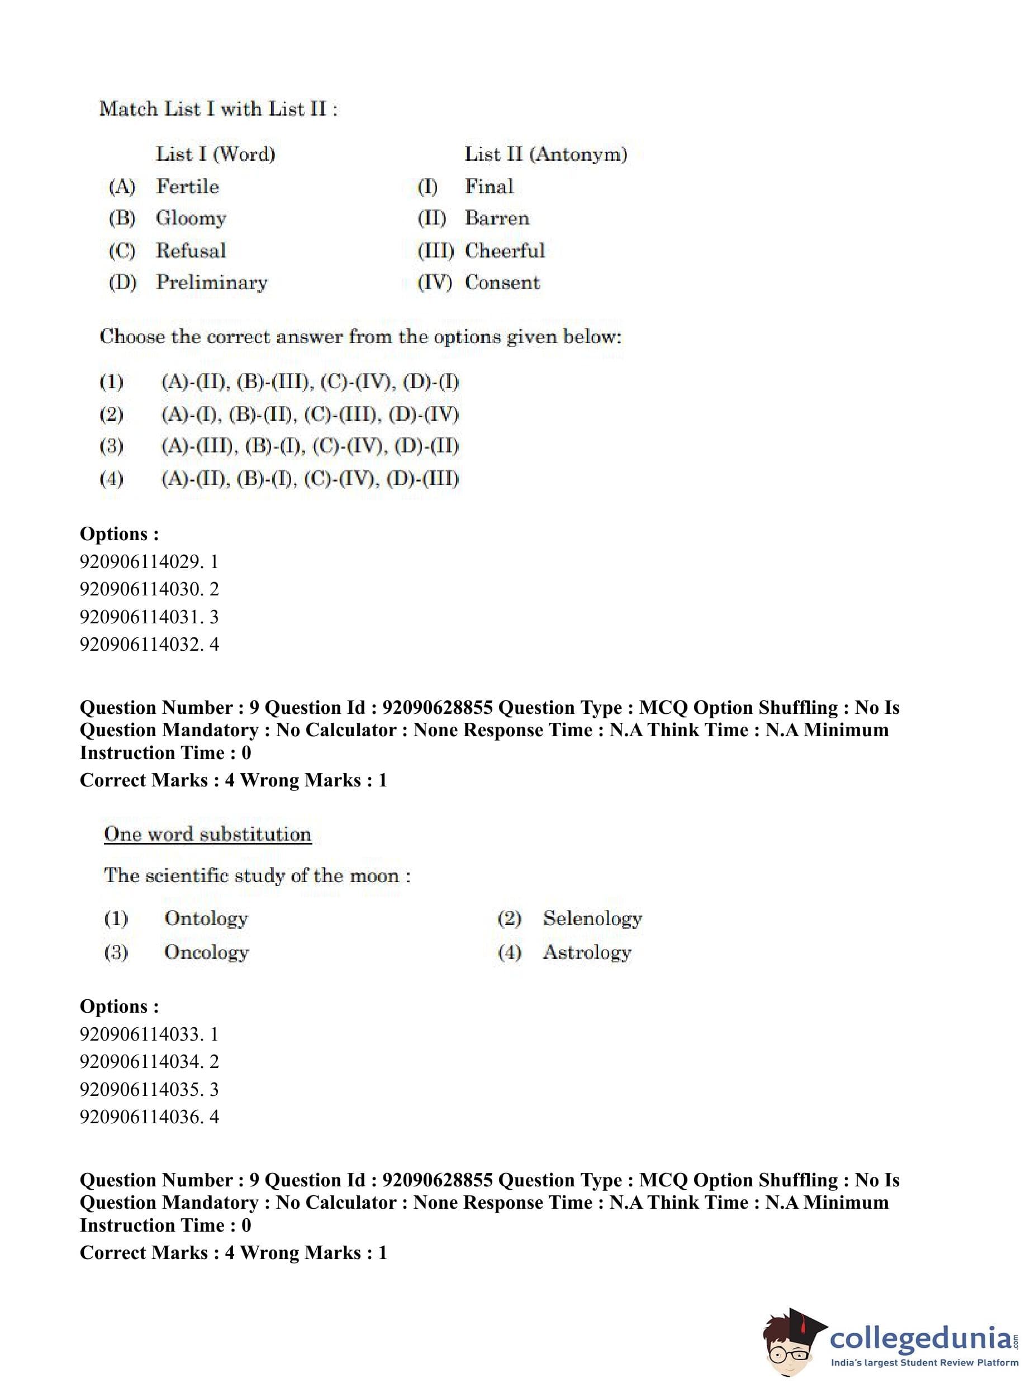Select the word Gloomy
point(191,218)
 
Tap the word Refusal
point(191,250)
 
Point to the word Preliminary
point(211,282)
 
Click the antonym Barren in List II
point(497,218)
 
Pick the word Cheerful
point(504,250)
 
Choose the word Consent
point(502,282)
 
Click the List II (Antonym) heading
point(545,154)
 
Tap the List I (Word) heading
point(215,154)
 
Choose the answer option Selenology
point(592,918)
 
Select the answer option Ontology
point(206,918)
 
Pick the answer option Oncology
point(206,952)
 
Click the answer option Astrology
point(586,952)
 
